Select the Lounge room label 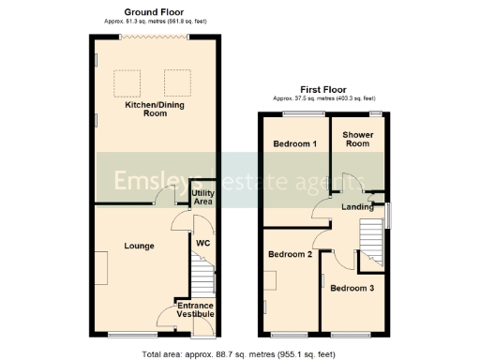139,246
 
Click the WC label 202,243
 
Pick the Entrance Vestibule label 196,310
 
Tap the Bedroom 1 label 294,144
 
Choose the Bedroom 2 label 290,254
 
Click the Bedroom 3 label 352,288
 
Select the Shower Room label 358,140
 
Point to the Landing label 358,207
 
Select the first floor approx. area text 323,98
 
